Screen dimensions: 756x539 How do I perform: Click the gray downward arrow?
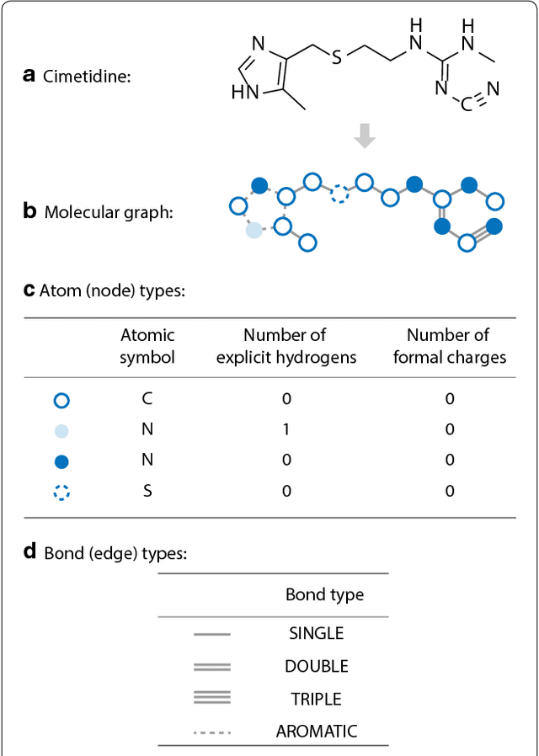click(364, 136)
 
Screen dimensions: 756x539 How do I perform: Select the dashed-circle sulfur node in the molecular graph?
click(339, 195)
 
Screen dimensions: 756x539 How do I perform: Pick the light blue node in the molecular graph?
click(253, 230)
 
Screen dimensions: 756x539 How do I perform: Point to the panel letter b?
click(29, 211)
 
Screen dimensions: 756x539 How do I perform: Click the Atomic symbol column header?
click(147, 346)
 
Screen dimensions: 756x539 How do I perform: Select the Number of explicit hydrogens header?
click(286, 346)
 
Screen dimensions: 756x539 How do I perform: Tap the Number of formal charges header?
click(449, 346)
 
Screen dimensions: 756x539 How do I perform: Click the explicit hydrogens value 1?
click(286, 429)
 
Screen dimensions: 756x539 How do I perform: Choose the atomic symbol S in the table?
click(147, 491)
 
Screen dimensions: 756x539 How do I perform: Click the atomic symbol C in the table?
click(147, 398)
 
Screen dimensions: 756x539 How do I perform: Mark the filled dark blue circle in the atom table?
click(61, 461)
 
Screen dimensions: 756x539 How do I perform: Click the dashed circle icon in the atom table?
click(61, 492)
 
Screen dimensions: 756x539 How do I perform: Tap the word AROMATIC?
click(316, 732)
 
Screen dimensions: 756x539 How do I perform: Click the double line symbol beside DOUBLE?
click(211, 667)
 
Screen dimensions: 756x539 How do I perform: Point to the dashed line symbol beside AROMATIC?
click(211, 732)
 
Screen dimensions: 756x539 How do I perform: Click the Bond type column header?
click(324, 595)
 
